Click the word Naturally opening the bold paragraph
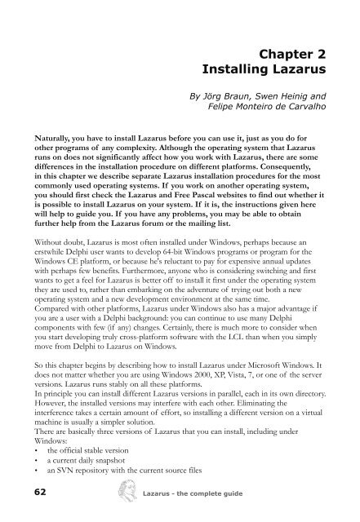click(x=47, y=139)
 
